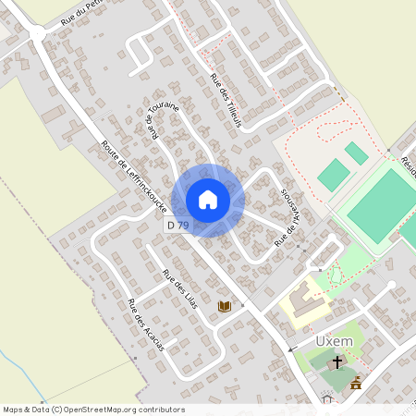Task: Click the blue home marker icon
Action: pos(208,199)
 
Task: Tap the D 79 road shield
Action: pos(177,225)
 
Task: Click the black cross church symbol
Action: pos(337,361)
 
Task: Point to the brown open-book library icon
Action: pos(224,306)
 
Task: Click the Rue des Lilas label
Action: pos(180,288)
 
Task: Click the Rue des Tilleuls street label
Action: pos(226,101)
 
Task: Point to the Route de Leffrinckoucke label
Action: pos(134,177)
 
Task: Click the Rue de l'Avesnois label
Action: pos(290,220)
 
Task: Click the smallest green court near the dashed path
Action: pos(357,153)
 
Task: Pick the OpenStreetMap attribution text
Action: pos(93,410)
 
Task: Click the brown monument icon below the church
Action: pos(356,382)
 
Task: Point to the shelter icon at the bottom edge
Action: pos(325,399)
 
